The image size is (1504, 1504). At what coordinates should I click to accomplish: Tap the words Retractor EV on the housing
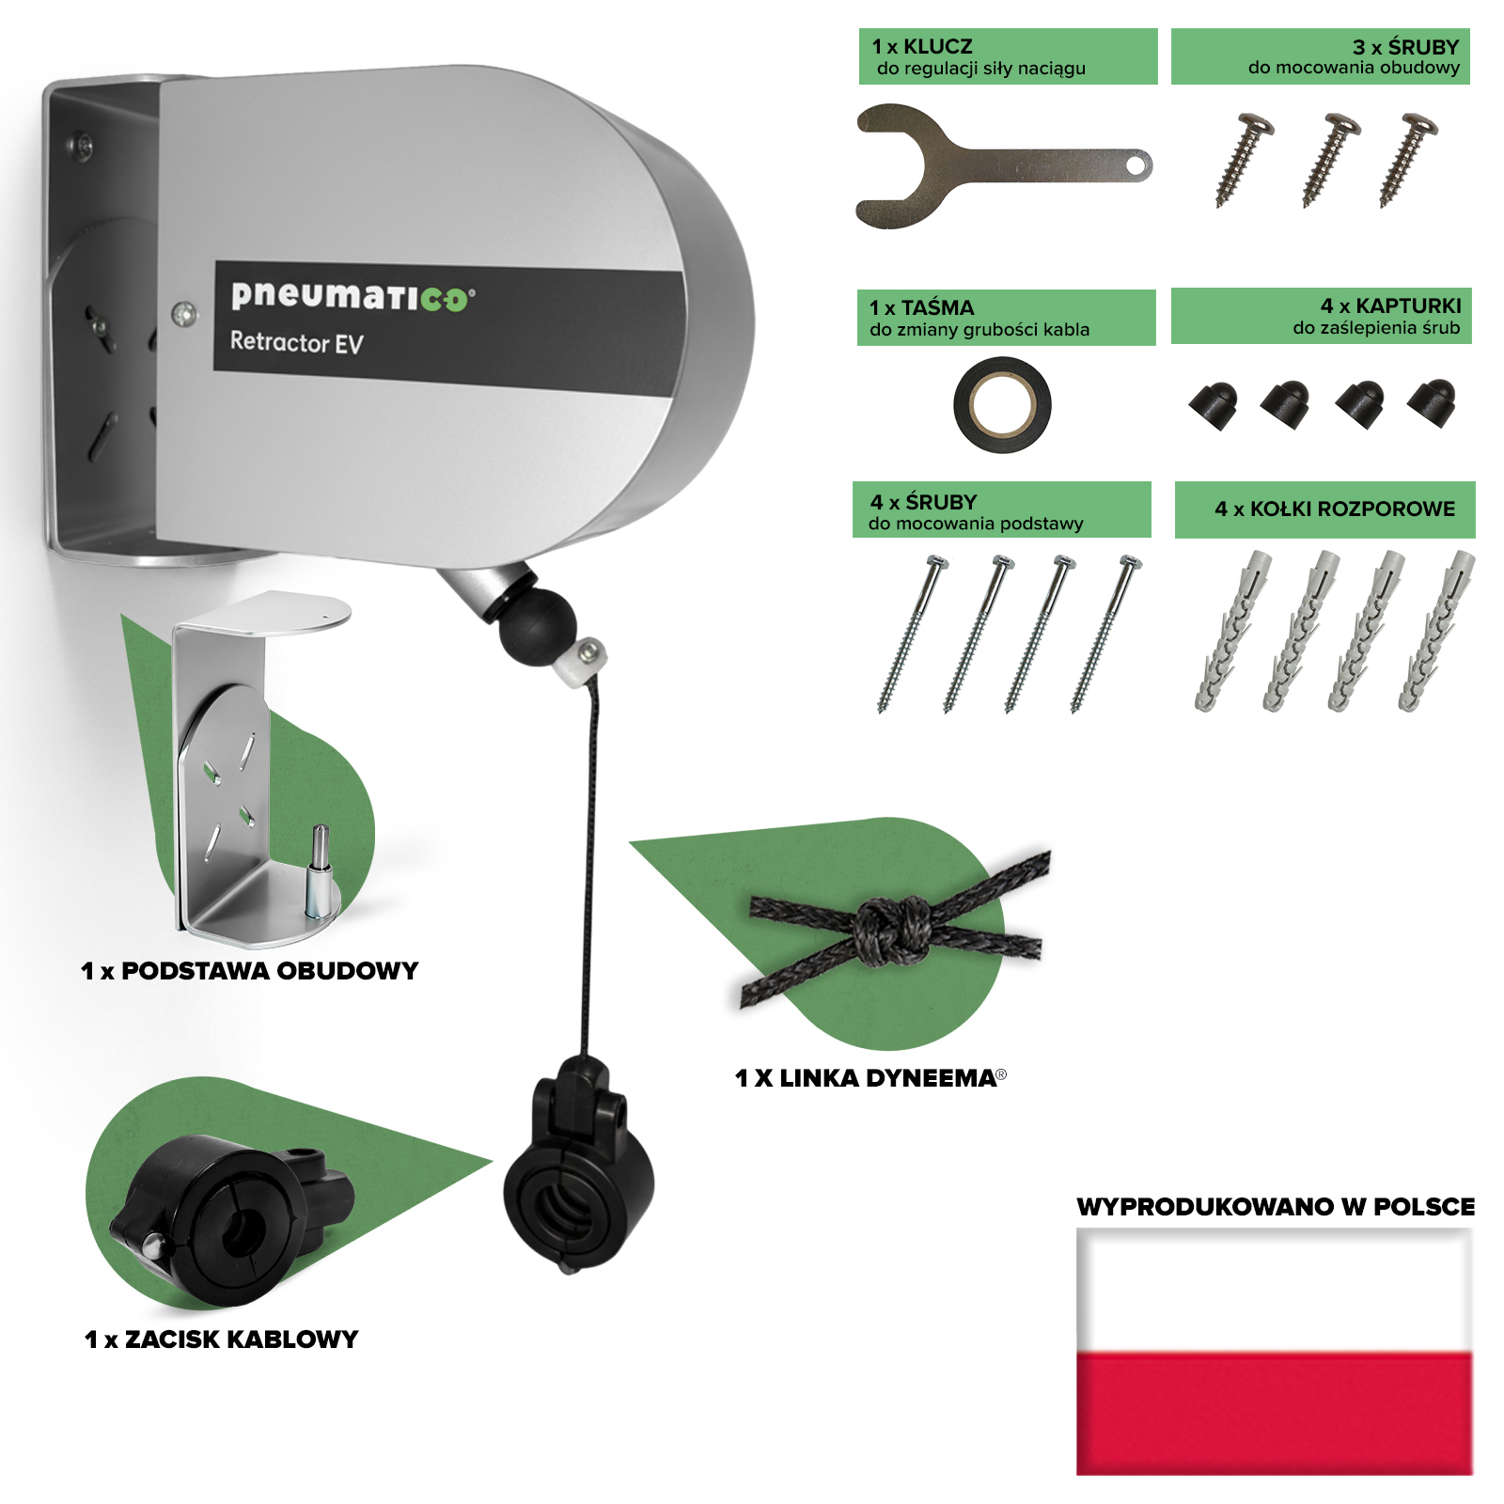coord(296,342)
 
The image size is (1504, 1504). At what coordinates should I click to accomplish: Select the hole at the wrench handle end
coord(1136,166)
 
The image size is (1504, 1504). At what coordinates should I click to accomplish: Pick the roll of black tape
coord(1002,405)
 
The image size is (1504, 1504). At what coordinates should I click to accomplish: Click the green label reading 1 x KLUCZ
coord(1008,56)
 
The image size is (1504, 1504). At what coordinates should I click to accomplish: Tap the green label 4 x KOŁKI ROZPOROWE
coord(1324,509)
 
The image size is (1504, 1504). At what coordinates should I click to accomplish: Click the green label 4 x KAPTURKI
coord(1321,316)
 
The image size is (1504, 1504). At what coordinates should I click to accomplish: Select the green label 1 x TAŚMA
coord(1006,318)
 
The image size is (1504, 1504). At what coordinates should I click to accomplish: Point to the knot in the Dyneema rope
coord(891,930)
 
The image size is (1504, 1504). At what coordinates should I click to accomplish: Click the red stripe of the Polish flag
coord(1275,1414)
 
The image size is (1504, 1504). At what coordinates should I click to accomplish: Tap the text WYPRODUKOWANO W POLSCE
coord(1276,1207)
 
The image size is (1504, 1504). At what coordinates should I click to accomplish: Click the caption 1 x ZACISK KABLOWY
coord(222,1339)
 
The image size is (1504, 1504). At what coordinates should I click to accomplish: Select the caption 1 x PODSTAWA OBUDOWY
coord(250,971)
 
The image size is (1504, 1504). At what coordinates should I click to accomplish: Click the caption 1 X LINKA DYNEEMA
coord(870,1078)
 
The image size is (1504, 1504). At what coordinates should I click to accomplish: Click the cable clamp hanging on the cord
coord(578,1166)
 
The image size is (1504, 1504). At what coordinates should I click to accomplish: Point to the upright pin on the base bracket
coord(321,870)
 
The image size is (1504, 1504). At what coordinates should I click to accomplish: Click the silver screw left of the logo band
coord(185,313)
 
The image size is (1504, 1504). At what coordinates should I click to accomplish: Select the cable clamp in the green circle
coord(230,1218)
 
